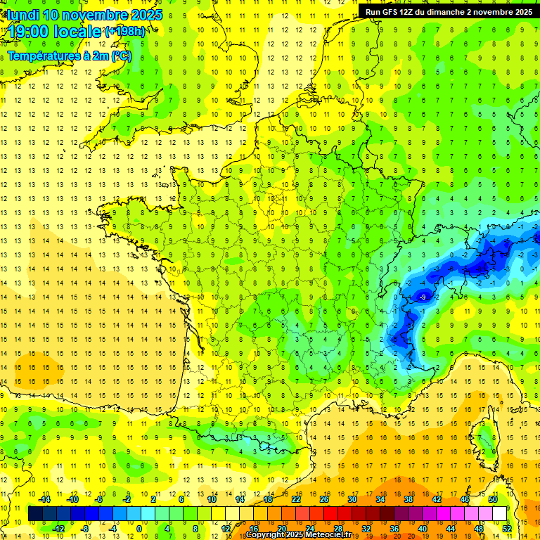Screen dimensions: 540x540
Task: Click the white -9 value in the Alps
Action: click(423, 297)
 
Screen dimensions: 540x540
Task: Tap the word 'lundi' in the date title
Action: click(22, 15)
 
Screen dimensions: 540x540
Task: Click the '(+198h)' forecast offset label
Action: click(125, 32)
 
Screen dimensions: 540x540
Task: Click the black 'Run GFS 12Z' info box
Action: click(449, 11)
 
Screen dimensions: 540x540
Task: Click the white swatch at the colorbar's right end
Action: click(500, 514)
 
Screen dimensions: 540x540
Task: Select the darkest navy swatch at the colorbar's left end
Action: click(35, 514)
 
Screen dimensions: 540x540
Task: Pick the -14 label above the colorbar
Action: click(44, 499)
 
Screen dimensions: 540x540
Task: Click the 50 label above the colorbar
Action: click(493, 499)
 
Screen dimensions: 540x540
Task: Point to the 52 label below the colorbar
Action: click(507, 529)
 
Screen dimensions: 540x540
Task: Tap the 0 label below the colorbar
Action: click(139, 529)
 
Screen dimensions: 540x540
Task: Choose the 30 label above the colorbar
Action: click(352, 499)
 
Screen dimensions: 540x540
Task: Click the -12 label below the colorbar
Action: click(58, 529)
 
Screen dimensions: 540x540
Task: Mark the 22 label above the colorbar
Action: click(296, 499)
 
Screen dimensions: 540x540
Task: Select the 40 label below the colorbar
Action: click(423, 529)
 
